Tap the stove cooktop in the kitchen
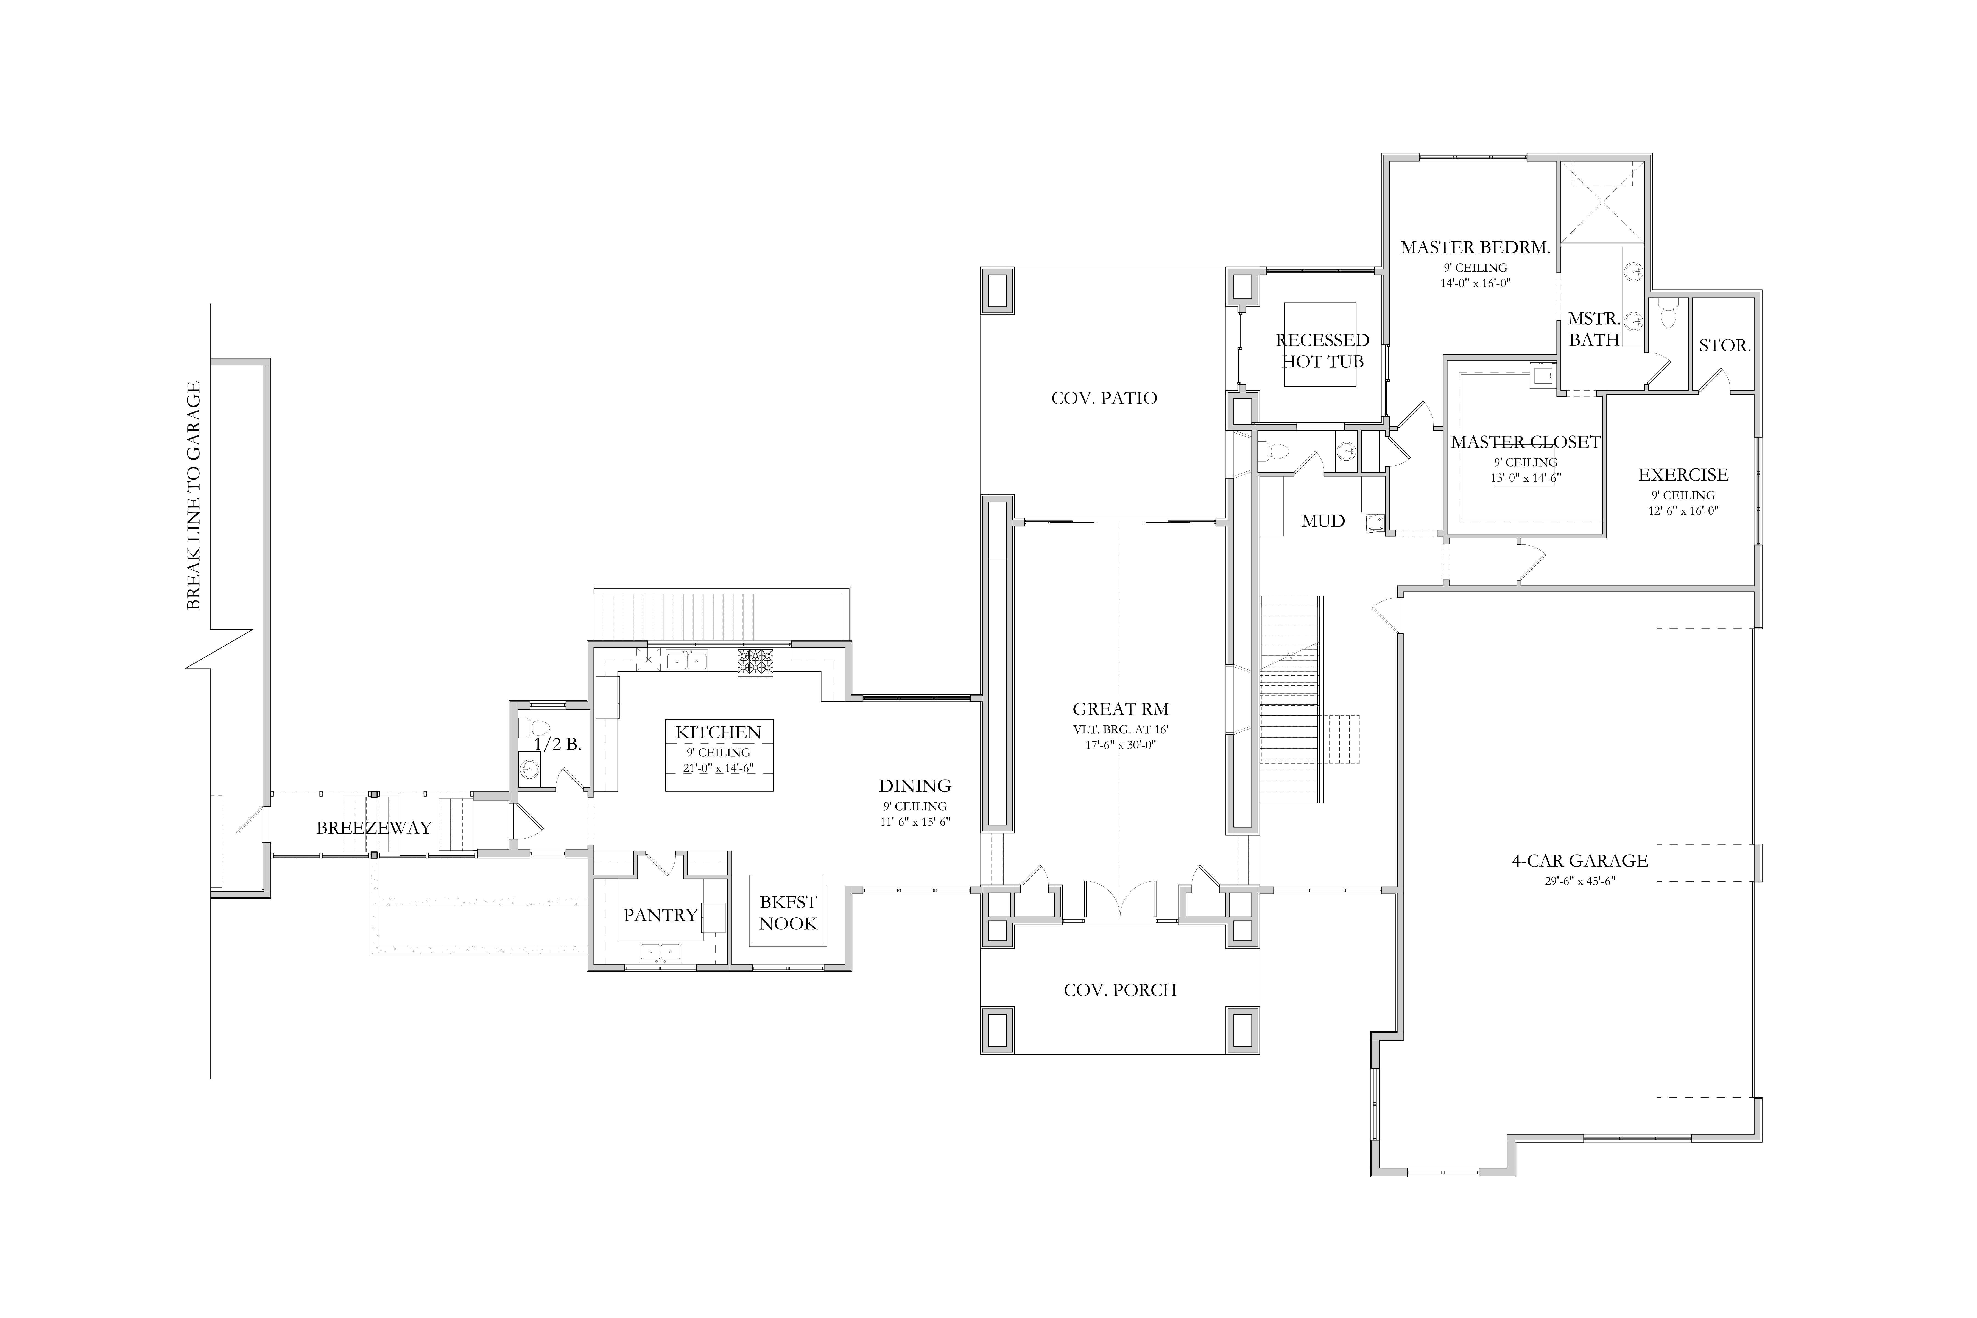point(755,662)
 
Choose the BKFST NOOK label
point(788,913)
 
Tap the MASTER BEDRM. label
point(1475,247)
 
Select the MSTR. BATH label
point(1594,329)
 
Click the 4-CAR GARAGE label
point(1579,861)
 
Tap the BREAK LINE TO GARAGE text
point(193,496)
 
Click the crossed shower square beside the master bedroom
point(1601,202)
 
